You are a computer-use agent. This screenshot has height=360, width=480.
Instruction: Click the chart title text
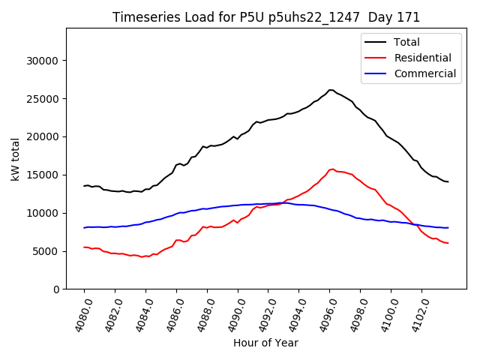[x=266, y=17]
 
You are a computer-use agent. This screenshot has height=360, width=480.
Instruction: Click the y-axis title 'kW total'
[x=16, y=158]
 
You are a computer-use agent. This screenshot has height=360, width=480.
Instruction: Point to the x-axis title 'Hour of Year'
[x=265, y=343]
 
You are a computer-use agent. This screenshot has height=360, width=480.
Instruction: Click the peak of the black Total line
[x=330, y=90]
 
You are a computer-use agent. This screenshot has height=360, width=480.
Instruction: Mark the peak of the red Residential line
[x=331, y=169]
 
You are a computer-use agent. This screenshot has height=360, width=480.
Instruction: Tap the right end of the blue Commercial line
[x=448, y=227]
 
